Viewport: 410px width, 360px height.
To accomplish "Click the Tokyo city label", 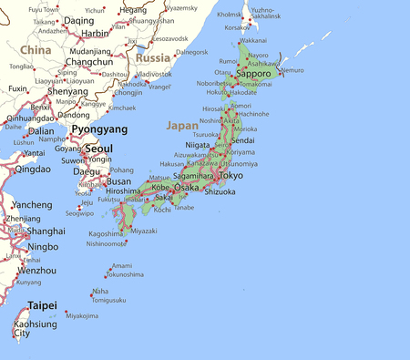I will pyautogui.click(x=231, y=175).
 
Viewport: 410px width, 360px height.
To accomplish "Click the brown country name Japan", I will pyautogui.click(x=181, y=125).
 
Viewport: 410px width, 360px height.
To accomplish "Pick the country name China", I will pyautogui.click(x=36, y=49).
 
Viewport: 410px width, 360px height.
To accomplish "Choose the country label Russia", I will pyautogui.click(x=152, y=57).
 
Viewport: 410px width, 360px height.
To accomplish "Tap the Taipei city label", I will pyautogui.click(x=42, y=305).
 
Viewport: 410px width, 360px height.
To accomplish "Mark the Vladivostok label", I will pyautogui.click(x=152, y=74).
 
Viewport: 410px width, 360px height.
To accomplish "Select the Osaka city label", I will pyautogui.click(x=186, y=187).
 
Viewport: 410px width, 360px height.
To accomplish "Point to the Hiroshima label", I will pyautogui.click(x=123, y=191).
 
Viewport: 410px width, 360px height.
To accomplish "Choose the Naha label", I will pyautogui.click(x=100, y=292).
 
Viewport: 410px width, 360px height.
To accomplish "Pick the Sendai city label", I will pyautogui.click(x=242, y=141).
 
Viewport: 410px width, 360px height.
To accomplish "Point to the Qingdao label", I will pyautogui.click(x=33, y=169).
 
